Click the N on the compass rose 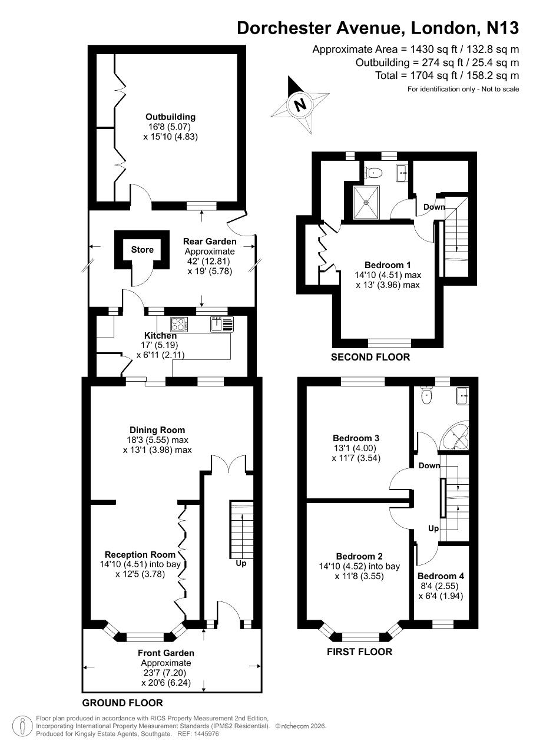300,105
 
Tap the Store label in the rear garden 143,249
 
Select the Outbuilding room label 170,117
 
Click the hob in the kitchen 179,325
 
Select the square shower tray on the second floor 366,202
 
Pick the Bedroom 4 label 441,576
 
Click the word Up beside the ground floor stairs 241,563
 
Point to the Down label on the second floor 434,207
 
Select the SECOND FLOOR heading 370,357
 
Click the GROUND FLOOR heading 123,703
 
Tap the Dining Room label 157,430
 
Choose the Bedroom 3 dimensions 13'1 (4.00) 355,448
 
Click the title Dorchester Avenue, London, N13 378,28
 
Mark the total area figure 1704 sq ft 433,75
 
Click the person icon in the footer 22,725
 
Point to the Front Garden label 166,653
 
